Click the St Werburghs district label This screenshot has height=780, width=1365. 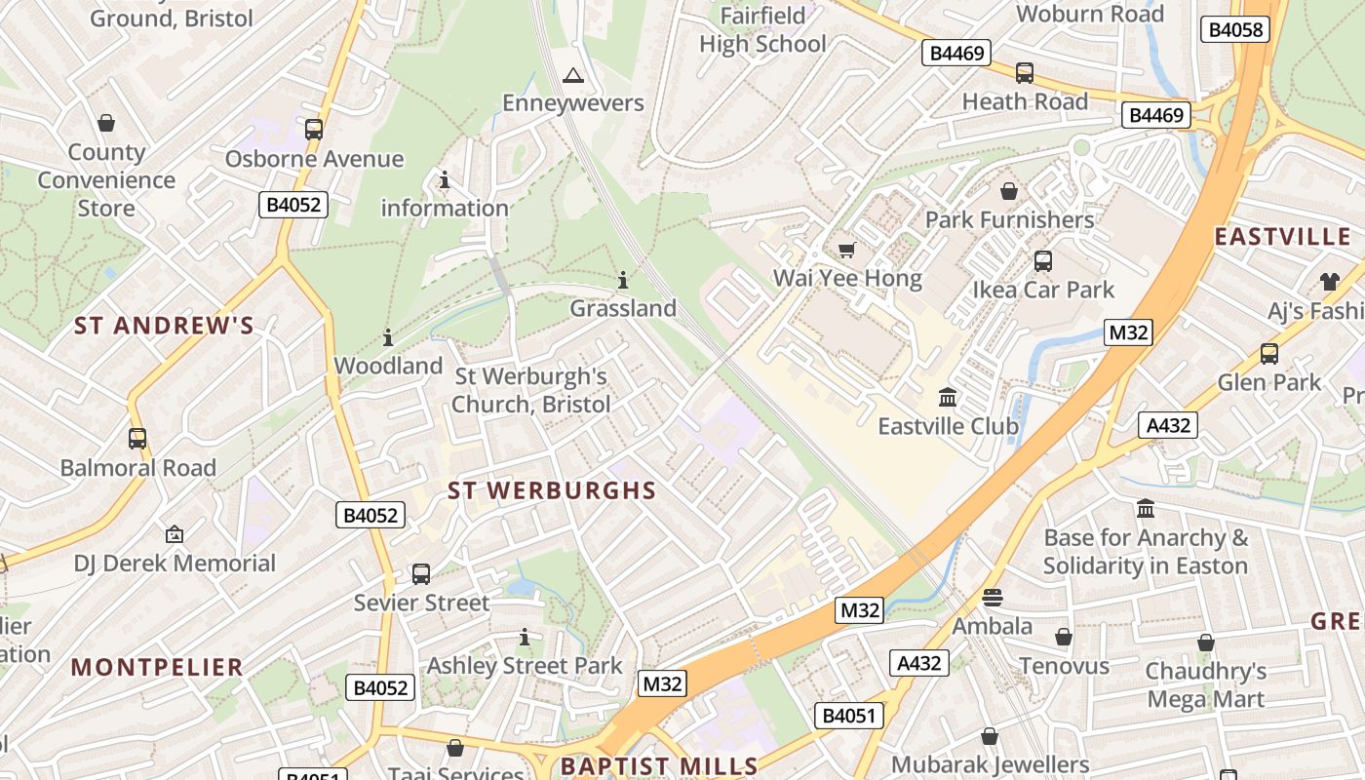[x=552, y=490]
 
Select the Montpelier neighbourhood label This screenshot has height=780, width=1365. [x=157, y=668]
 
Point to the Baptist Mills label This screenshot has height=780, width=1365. [x=659, y=765]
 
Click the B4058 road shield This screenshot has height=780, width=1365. [x=1235, y=29]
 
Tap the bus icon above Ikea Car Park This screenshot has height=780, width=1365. [x=1042, y=261]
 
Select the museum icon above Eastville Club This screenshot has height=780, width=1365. [x=947, y=398]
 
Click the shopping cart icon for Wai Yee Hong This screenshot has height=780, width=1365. [x=846, y=251]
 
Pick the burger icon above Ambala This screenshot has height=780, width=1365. [x=993, y=598]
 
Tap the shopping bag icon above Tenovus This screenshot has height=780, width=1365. [x=1064, y=638]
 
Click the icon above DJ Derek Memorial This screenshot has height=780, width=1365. [x=175, y=534]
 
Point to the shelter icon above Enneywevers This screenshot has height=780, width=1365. [x=573, y=75]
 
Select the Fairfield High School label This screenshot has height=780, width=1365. [x=762, y=30]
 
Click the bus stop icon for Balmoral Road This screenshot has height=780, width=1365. [x=137, y=439]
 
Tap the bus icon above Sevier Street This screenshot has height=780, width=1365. [x=421, y=574]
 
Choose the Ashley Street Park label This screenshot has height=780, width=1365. [x=525, y=666]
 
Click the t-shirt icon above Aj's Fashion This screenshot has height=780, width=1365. [x=1330, y=282]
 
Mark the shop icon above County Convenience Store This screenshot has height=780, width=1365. [x=106, y=124]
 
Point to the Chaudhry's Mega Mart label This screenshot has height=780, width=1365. [x=1206, y=684]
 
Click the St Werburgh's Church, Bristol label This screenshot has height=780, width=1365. [x=531, y=390]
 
